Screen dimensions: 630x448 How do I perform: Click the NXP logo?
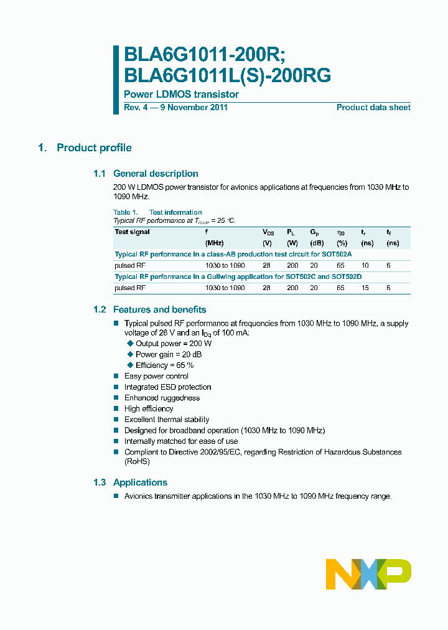[368, 574]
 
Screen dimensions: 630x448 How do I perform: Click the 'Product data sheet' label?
[373, 108]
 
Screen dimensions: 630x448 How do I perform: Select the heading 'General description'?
[156, 174]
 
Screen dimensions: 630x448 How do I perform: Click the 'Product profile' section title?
[94, 148]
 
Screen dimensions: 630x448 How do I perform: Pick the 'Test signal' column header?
[132, 232]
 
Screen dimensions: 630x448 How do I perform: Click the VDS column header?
[269, 232]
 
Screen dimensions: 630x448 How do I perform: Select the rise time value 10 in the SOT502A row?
[365, 265]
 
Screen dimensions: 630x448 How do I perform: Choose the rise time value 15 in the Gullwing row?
[365, 288]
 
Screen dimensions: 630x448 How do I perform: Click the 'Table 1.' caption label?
[125, 212]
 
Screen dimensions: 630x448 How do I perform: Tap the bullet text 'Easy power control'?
[156, 376]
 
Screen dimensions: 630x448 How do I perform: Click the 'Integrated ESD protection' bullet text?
[167, 387]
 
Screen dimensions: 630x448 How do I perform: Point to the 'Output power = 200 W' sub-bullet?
[174, 344]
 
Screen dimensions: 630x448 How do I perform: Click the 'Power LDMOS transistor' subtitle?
[181, 95]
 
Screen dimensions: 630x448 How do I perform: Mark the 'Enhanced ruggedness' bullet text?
[162, 398]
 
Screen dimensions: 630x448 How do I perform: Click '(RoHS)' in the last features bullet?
[137, 461]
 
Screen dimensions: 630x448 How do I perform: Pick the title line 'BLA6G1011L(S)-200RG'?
[228, 75]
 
